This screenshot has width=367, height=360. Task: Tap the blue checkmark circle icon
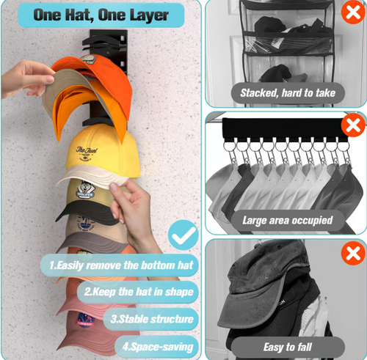coord(183,235)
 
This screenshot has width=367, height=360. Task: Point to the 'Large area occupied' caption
coord(287,219)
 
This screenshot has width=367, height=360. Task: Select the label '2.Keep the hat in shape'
coord(139,292)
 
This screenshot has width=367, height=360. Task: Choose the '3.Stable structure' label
coord(152,319)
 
